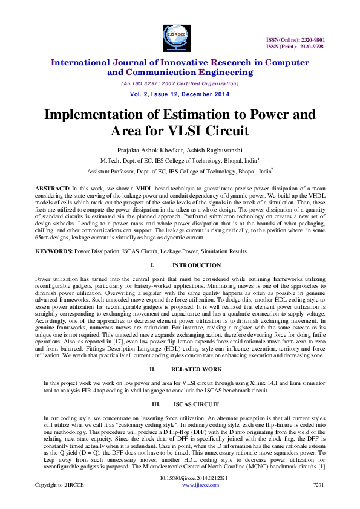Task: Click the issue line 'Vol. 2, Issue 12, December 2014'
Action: tap(180, 95)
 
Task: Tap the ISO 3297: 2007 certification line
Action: tap(180, 83)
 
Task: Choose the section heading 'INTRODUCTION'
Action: tap(196, 265)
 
